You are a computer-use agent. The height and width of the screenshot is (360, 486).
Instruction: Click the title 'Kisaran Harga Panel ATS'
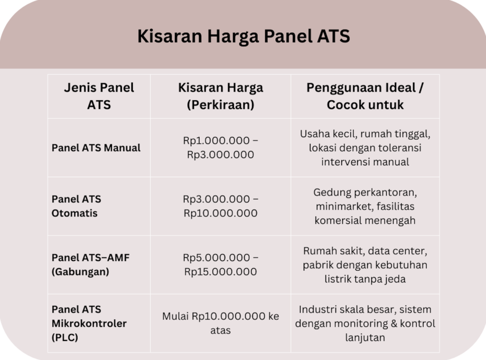pos(243,36)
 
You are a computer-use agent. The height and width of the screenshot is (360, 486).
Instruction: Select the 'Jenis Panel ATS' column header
pos(99,96)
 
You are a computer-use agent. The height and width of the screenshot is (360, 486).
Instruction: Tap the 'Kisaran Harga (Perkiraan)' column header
pos(220,96)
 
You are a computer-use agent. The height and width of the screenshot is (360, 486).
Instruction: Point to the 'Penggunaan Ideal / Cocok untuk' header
pos(365,96)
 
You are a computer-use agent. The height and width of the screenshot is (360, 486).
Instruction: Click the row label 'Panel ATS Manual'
pos(96,148)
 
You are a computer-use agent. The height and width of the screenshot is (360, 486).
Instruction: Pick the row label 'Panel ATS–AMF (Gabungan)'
pos(90,265)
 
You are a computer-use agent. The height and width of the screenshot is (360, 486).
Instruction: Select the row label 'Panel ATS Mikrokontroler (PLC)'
pos(89,323)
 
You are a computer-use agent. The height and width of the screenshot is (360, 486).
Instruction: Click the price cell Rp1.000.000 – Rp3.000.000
pos(220,148)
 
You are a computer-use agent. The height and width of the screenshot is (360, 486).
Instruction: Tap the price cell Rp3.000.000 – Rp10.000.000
pos(220,206)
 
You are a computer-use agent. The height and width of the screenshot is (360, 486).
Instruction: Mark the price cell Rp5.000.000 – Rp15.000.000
pos(220,265)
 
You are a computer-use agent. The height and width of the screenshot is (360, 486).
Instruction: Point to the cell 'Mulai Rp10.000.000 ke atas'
pos(220,323)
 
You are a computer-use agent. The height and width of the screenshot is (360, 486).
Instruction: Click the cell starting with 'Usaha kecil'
pos(365,148)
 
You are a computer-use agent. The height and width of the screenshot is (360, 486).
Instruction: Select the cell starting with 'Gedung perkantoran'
pos(365,206)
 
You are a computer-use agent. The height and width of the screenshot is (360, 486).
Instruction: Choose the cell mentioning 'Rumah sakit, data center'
pos(365,265)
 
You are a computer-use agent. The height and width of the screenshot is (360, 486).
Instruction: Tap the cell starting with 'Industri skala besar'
pos(365,323)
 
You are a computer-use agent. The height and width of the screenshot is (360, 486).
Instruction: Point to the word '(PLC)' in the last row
pos(65,338)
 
